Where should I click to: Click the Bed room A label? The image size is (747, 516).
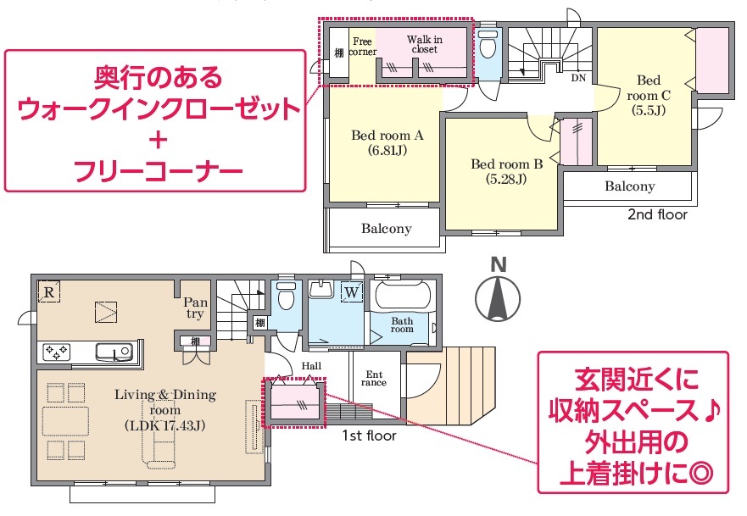387,143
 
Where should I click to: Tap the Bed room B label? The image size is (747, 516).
507,171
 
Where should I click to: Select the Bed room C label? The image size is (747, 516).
649,95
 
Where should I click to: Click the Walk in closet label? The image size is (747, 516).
425,44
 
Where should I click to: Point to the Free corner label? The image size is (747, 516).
363,47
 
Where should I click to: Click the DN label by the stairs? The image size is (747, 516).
578,78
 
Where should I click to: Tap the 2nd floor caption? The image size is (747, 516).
657,214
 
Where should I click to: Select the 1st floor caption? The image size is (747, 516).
369,436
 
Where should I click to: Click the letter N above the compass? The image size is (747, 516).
499,264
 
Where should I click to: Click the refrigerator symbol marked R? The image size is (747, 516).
49,291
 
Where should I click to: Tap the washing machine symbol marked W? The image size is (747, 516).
352,291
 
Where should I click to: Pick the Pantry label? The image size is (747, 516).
196,308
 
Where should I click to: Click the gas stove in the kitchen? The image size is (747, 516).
57,352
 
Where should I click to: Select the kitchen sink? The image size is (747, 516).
114,352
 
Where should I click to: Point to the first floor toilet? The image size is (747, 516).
287,296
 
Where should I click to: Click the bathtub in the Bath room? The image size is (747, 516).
404,296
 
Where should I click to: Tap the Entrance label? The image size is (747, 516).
374,379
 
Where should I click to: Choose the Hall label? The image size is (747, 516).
311,366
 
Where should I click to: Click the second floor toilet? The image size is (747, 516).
488,44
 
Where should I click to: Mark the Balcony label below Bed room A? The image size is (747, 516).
387,229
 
